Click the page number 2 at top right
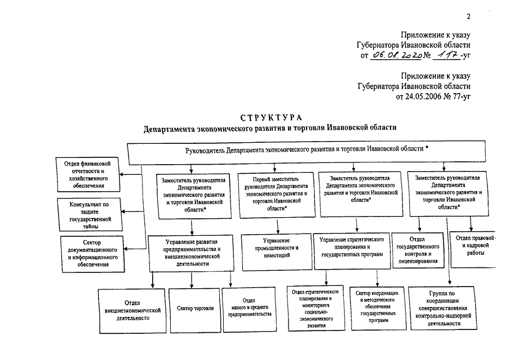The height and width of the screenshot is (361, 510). point(468,16)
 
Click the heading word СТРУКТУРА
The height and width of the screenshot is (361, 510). point(271,117)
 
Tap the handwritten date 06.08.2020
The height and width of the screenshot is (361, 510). point(397,55)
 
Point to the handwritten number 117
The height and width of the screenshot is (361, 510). point(448,55)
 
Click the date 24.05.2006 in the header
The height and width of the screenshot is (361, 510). point(423,96)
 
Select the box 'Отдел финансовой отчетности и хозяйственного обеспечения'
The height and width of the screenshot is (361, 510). point(88,174)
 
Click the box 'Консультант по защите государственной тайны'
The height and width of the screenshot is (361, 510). point(90,215)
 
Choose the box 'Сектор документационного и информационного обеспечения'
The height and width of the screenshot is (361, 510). point(92,254)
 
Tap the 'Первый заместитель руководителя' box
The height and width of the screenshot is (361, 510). point(277,195)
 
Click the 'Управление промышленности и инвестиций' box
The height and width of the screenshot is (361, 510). point(277,252)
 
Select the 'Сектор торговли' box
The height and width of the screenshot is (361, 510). point(195,310)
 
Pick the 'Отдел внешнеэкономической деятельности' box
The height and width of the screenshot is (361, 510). point(132,311)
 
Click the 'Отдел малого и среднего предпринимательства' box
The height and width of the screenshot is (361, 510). point(250,309)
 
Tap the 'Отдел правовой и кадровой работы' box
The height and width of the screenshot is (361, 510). point(473,249)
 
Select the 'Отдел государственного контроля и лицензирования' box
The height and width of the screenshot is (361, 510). point(418,250)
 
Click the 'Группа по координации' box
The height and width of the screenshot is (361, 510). point(443,309)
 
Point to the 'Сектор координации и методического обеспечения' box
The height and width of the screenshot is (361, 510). point(378,309)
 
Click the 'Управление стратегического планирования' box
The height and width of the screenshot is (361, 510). point(352,251)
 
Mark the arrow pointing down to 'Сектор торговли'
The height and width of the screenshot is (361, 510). point(192,280)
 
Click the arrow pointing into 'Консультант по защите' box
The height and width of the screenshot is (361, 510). point(132,212)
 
